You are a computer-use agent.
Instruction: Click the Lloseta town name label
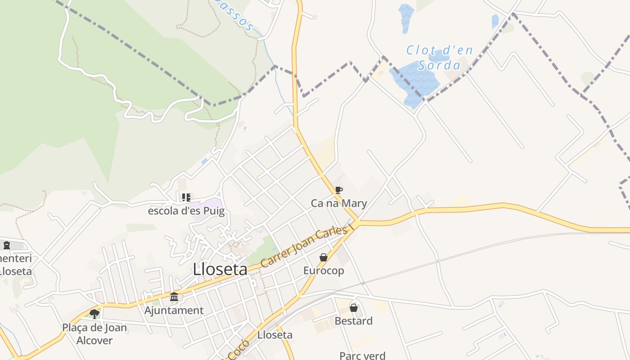coord(220,270)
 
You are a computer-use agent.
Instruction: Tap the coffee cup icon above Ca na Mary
coord(338,190)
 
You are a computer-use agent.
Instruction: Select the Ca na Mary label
coord(339,203)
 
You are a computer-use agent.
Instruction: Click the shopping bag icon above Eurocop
coord(323,257)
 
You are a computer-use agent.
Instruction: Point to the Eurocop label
coord(324,270)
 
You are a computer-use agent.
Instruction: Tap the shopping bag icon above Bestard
coord(354,308)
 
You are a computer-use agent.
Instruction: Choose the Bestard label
coord(354,321)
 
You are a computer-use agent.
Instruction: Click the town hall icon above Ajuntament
coord(174,297)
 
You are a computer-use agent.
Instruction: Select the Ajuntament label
coord(174,310)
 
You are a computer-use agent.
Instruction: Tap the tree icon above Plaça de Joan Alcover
coord(94,314)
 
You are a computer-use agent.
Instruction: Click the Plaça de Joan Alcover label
coord(94,334)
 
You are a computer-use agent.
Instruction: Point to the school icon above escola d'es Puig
coord(186,197)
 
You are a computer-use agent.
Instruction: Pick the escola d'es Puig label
coord(186,211)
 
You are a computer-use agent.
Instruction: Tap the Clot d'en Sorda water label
coord(439,58)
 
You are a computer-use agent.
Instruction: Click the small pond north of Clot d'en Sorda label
coord(406,18)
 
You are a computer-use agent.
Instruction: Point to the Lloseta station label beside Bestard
coord(275,335)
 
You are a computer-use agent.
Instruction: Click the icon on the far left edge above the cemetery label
coord(7,245)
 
